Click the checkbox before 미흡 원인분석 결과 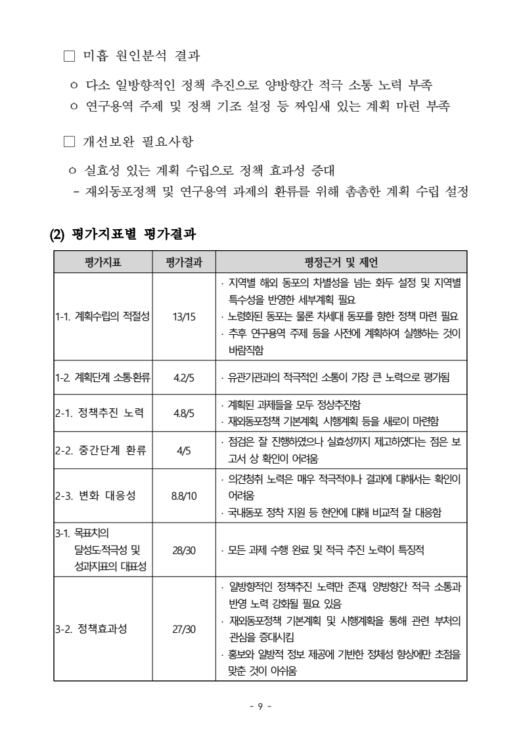(x=70, y=56)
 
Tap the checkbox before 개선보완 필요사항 (x=70, y=141)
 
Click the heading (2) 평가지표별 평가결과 (x=124, y=232)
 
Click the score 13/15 (x=184, y=317)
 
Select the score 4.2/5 (x=184, y=378)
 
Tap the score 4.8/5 (x=184, y=413)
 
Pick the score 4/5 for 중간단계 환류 (x=184, y=450)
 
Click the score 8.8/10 (x=184, y=496)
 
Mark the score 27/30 (x=184, y=629)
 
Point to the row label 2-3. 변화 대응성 (x=95, y=496)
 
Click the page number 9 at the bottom (x=260, y=706)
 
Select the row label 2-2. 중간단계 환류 (x=100, y=450)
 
